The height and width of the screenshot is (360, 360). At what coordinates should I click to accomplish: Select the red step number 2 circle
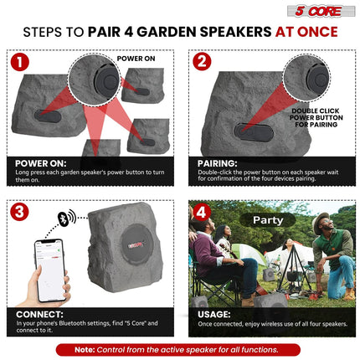[202, 62]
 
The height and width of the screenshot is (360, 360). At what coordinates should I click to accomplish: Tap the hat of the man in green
[321, 219]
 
